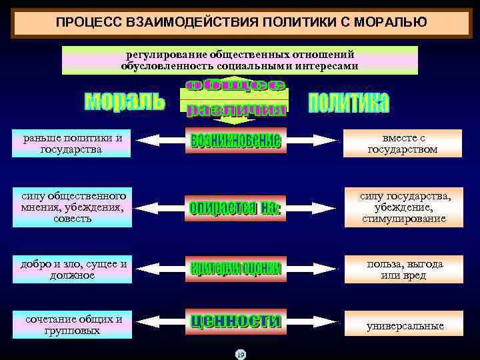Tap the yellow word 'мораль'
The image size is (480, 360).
125,101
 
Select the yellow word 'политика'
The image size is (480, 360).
349,102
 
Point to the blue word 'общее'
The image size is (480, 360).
235,85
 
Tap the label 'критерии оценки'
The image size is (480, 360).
236,268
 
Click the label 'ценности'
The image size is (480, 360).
236,321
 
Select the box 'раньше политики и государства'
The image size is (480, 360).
71,143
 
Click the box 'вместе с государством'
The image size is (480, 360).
403,143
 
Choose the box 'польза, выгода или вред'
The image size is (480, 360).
403,269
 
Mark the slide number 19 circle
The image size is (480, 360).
241,354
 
